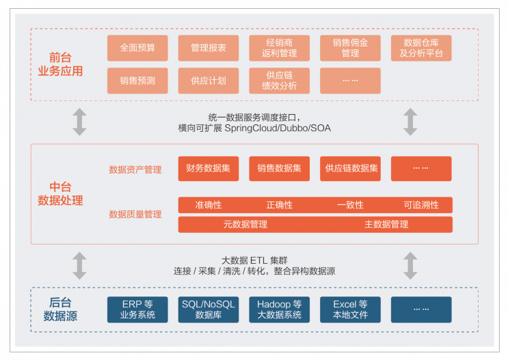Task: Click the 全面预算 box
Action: point(137,48)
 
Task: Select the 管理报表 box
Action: point(209,48)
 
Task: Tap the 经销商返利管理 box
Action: point(279,48)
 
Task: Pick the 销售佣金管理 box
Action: point(350,48)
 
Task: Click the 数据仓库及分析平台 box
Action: point(421,48)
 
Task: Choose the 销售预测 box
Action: point(137,81)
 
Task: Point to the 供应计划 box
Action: point(209,81)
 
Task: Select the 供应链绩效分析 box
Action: point(279,81)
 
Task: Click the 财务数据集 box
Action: point(209,169)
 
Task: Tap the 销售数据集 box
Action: point(279,169)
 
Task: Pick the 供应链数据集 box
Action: point(350,169)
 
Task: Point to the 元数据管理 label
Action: point(245,224)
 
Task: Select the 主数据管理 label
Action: point(386,224)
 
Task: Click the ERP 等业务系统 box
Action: point(137,309)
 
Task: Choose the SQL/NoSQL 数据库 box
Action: point(209,309)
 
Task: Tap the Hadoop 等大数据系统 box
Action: point(279,309)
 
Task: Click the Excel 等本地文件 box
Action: point(350,309)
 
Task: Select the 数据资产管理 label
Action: point(135,169)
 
